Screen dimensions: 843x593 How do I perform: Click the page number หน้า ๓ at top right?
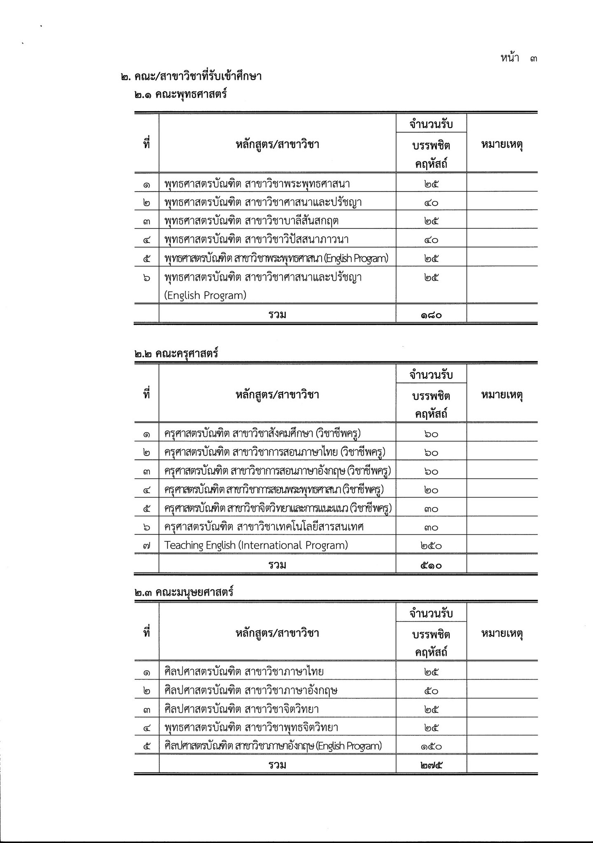(518, 58)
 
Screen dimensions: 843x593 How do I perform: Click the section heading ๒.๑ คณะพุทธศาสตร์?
(180, 95)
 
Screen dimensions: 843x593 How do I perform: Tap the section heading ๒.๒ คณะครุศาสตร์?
(176, 354)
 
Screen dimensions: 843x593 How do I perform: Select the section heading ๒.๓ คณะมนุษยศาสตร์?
(184, 592)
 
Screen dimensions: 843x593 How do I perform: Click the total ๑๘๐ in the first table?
(431, 315)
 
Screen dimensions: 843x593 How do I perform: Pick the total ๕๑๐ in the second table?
(431, 565)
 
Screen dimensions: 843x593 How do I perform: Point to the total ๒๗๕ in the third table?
(431, 765)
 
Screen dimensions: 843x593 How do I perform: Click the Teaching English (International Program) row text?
(256, 545)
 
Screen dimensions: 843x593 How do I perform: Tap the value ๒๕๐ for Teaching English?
(431, 546)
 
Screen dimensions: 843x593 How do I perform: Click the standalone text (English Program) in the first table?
(205, 296)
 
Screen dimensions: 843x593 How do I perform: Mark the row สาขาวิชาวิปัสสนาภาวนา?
(257, 240)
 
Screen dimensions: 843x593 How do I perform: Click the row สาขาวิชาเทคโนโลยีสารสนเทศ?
(264, 527)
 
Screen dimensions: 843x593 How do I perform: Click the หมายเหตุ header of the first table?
(502, 144)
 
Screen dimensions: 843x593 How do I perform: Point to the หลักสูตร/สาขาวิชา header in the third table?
(277, 633)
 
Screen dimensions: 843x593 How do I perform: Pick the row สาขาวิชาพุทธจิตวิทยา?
(251, 727)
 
